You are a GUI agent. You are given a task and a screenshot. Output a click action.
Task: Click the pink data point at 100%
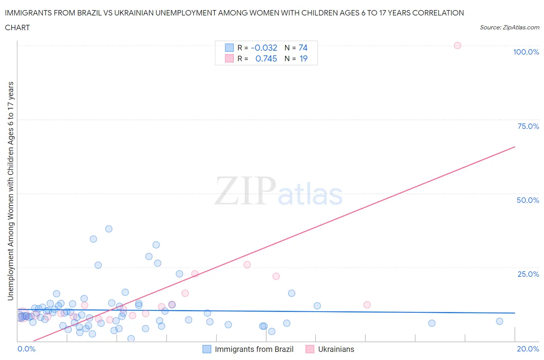457,46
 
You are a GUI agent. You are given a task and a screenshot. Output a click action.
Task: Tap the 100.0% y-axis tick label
526,52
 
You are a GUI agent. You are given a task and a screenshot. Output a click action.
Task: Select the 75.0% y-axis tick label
528,126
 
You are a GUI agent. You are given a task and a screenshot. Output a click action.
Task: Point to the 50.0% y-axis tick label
528,200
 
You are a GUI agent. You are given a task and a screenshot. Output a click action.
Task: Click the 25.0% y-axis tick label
528,274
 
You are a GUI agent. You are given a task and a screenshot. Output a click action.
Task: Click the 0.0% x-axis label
26,349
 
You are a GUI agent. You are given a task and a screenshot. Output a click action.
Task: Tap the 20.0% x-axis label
528,349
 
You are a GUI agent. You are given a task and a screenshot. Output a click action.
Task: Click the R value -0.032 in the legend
264,48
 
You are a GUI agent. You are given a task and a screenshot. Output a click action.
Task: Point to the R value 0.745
266,58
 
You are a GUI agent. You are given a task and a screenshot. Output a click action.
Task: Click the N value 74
303,48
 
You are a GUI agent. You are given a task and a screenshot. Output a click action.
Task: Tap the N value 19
303,58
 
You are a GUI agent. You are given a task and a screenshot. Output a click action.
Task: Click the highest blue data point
109,229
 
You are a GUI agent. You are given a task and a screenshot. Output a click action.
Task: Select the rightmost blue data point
500,321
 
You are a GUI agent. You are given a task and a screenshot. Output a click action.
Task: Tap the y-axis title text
10,191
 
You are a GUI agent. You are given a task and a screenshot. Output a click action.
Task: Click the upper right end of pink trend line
515,147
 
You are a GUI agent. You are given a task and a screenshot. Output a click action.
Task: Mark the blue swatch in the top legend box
229,48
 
